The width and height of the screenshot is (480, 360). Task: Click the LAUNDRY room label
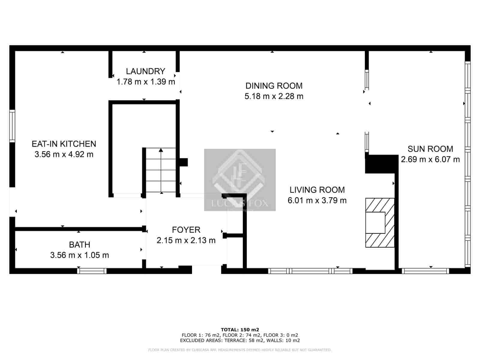(145, 71)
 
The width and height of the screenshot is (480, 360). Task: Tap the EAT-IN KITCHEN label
(64, 144)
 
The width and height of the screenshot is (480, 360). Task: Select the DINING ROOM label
(274, 86)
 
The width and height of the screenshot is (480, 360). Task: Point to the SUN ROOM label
(430, 149)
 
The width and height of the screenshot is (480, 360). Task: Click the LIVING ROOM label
(317, 190)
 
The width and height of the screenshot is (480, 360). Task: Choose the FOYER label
(186, 230)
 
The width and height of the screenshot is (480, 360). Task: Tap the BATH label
(79, 245)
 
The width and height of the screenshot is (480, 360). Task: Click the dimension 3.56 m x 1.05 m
(79, 255)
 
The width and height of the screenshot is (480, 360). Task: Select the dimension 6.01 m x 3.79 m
(317, 200)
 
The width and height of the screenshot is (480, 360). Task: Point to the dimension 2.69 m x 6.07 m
(430, 159)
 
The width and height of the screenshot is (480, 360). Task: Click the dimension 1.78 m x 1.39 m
(145, 82)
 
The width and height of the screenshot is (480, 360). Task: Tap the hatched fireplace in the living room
(379, 223)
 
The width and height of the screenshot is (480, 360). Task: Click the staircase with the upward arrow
(161, 170)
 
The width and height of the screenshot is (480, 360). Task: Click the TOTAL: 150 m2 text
(240, 329)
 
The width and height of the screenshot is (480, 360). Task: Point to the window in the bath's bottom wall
(92, 271)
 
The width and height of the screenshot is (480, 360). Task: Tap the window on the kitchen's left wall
(12, 126)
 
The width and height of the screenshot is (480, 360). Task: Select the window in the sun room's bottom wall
(425, 271)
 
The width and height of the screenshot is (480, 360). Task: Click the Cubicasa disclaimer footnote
(240, 350)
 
